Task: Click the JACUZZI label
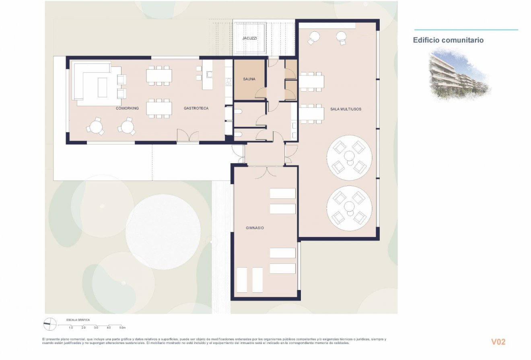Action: click(x=249, y=38)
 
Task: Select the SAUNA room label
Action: click(x=249, y=79)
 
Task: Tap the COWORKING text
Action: click(x=127, y=108)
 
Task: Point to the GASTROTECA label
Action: click(x=196, y=108)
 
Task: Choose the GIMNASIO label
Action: click(x=255, y=228)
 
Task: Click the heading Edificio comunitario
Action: click(x=448, y=40)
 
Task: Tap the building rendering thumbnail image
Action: click(x=459, y=74)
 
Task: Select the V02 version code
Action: click(x=498, y=342)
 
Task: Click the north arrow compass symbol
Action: click(x=50, y=324)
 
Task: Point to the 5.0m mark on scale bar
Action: click(x=122, y=328)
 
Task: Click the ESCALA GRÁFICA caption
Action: click(x=78, y=320)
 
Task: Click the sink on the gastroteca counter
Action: click(x=209, y=74)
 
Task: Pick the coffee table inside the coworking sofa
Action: click(x=103, y=87)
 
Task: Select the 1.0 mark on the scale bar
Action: click(x=71, y=328)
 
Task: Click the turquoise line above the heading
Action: click(x=466, y=30)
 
